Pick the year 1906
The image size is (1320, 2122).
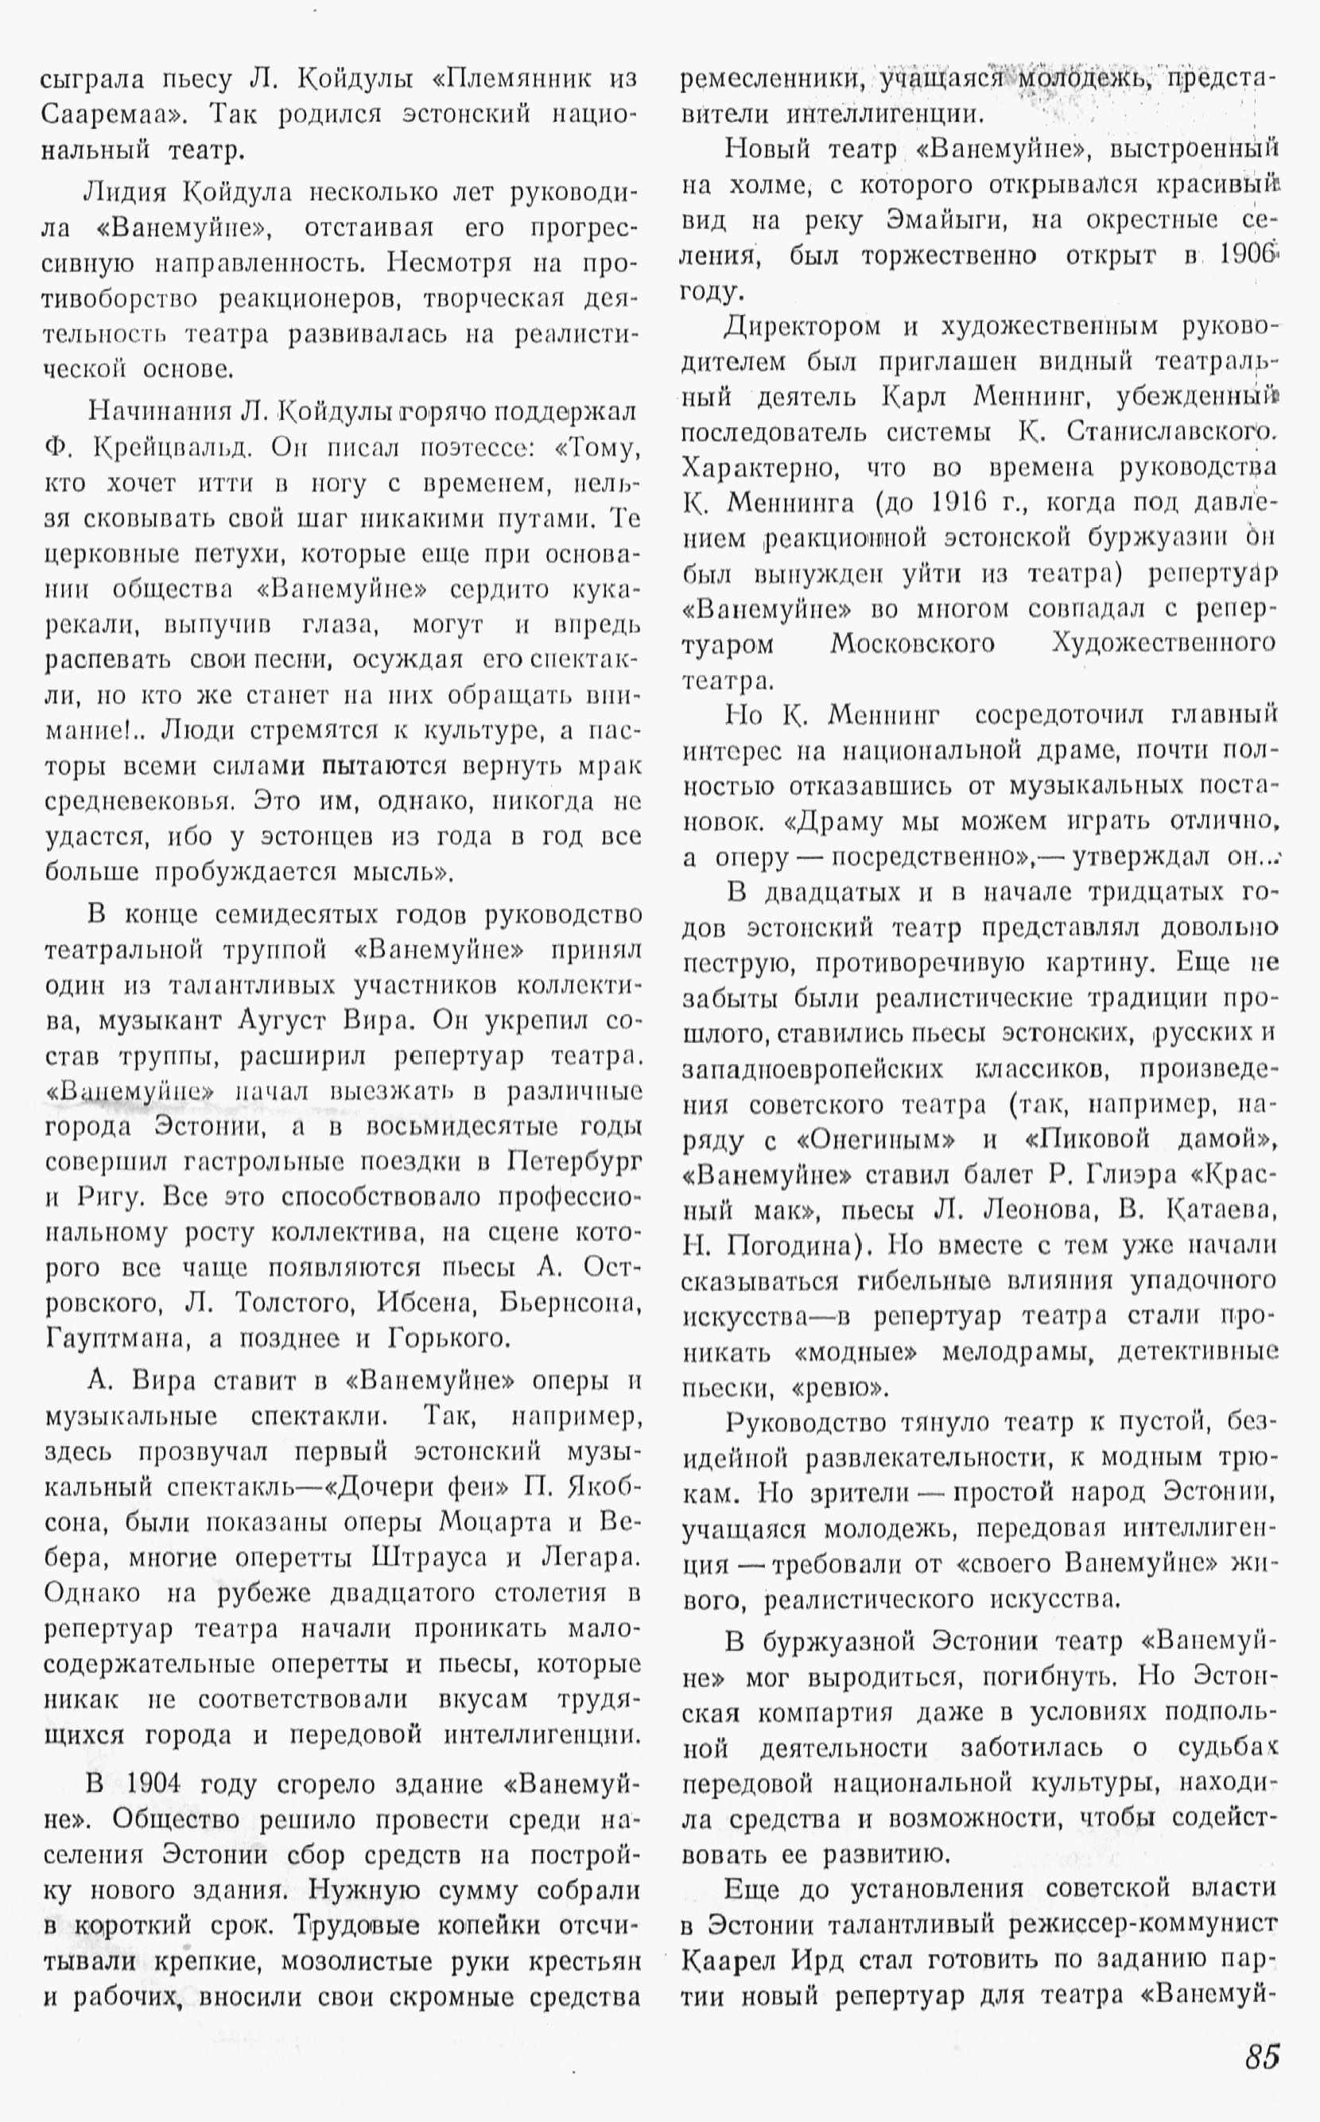click(x=1248, y=255)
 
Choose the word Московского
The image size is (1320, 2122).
click(x=912, y=644)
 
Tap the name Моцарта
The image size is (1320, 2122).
click(x=495, y=1522)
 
